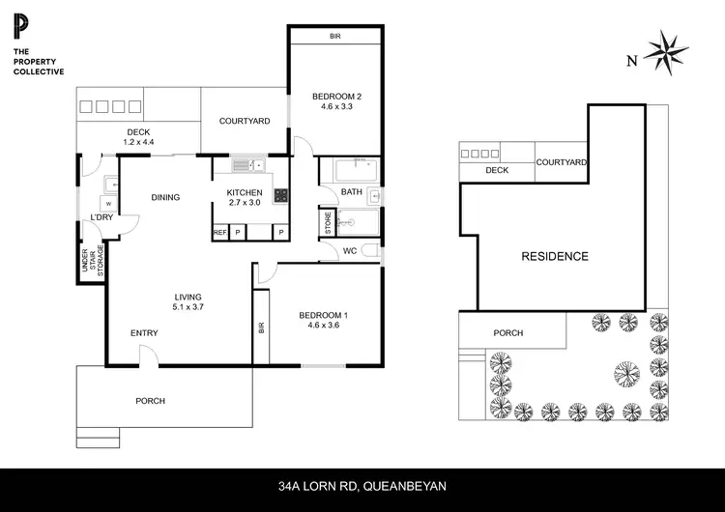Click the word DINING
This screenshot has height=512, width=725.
click(x=165, y=198)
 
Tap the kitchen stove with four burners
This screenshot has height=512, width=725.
click(x=281, y=195)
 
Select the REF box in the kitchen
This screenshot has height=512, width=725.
click(x=219, y=233)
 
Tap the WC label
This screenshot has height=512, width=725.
click(x=351, y=251)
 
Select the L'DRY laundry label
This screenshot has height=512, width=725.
click(x=101, y=217)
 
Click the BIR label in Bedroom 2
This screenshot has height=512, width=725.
click(x=334, y=37)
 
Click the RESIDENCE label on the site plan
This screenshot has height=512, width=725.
click(x=555, y=256)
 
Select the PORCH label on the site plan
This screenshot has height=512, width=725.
click(x=507, y=333)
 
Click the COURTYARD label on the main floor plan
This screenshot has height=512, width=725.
click(x=245, y=121)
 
